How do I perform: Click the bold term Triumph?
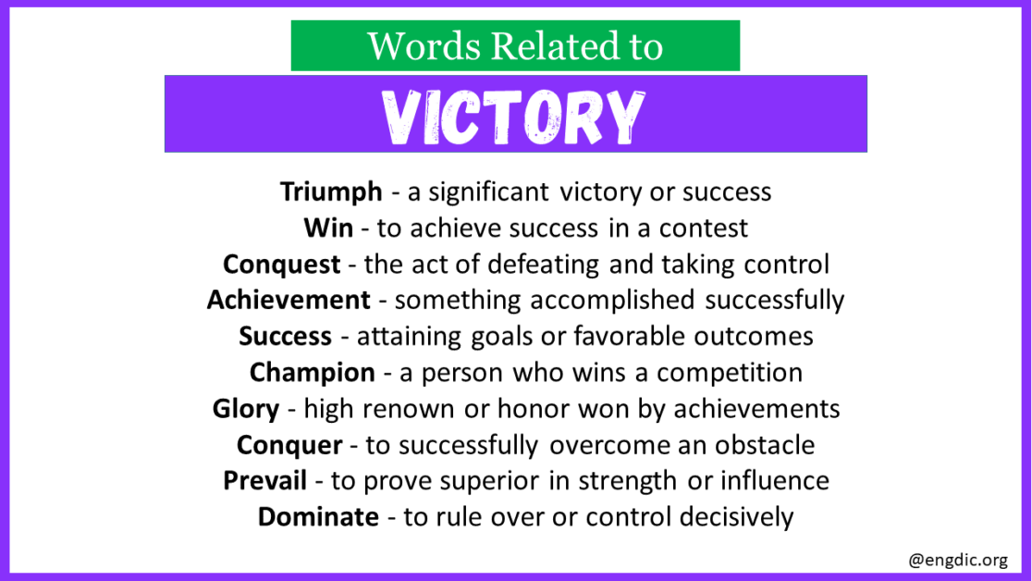(x=331, y=192)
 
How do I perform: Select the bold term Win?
(x=328, y=228)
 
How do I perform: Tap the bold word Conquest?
(x=281, y=265)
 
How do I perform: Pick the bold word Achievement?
(x=289, y=301)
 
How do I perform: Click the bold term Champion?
(x=313, y=373)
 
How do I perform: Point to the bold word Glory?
(x=245, y=409)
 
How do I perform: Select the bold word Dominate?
(x=318, y=517)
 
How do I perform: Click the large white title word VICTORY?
(x=515, y=117)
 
